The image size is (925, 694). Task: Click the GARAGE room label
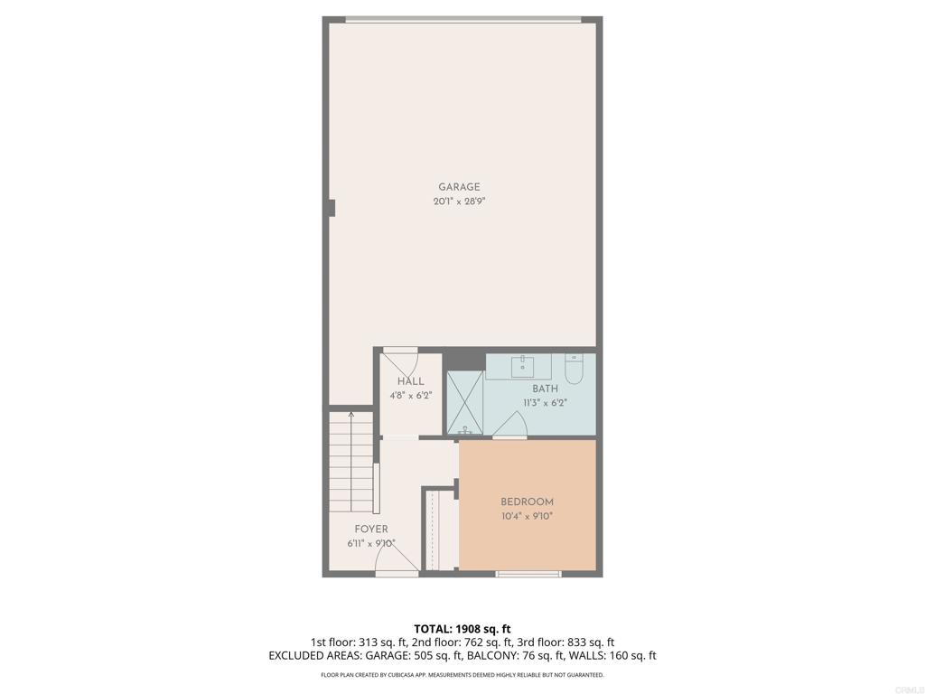[x=459, y=187]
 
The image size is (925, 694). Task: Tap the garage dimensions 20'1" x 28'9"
[x=459, y=202]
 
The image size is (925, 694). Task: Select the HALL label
[x=411, y=381]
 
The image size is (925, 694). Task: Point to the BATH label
[x=545, y=389]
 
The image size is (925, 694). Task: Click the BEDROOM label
[x=527, y=502]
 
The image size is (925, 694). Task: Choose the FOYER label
[x=371, y=530]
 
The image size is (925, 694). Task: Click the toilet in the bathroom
[x=574, y=369]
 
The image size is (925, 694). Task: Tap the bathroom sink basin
[x=523, y=366]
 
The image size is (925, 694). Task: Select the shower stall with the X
[x=465, y=403]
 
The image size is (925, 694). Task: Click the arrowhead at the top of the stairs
[x=351, y=414]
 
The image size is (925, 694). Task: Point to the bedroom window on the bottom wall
[x=528, y=574]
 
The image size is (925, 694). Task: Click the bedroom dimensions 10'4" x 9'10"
[x=527, y=516]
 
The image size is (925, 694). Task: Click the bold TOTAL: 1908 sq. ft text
[x=462, y=629]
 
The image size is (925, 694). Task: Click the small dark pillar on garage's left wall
[x=332, y=208]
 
